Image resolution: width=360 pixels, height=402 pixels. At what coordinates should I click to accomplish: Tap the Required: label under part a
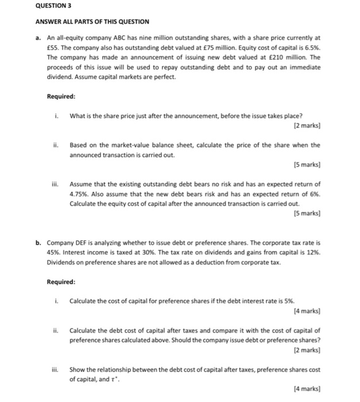click(61, 96)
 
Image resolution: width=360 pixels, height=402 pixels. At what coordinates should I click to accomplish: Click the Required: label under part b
click(61, 282)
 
